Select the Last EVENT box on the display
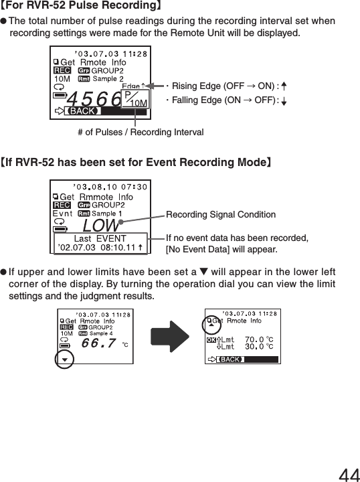coord(100,242)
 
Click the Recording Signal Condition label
coord(220,215)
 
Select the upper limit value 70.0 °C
coord(259,339)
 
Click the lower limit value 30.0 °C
coord(259,347)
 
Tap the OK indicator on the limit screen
coord(211,339)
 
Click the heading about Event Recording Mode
coord(136,162)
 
